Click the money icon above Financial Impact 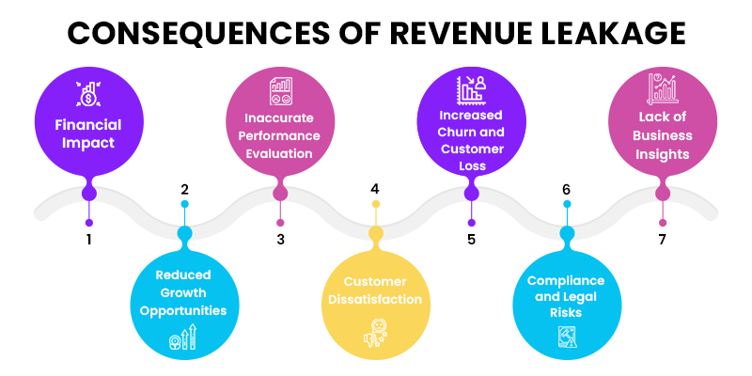[88, 95]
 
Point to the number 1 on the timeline [88, 240]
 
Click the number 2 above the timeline [184, 189]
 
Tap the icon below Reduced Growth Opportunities [183, 337]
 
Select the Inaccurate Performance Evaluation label [279, 137]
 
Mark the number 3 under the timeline [280, 240]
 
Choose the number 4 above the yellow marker [375, 189]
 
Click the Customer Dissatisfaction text [375, 290]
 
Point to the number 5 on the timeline [471, 240]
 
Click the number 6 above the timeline [566, 189]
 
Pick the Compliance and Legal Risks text [566, 296]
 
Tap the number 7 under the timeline [663, 240]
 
